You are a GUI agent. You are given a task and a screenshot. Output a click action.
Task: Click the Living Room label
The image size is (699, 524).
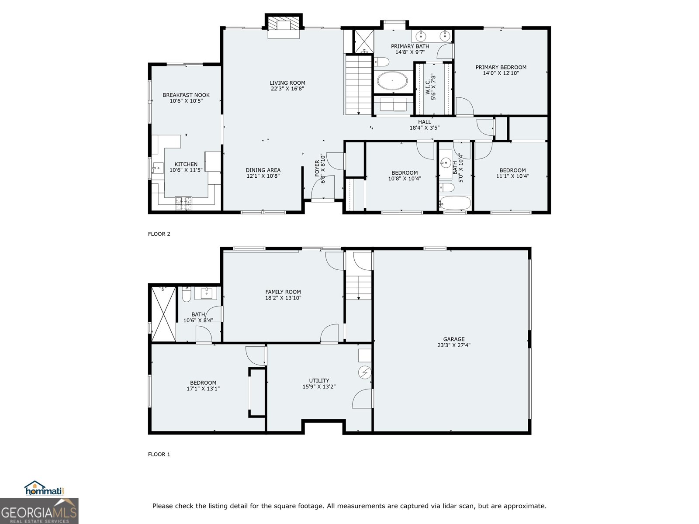point(287,83)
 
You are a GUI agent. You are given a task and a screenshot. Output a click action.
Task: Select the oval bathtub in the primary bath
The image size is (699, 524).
point(392,81)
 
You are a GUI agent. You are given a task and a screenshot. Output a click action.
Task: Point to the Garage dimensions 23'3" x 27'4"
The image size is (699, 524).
point(454,345)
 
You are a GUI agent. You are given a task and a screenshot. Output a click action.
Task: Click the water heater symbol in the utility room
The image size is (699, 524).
point(364,372)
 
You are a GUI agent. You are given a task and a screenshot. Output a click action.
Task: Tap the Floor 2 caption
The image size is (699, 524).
point(159,234)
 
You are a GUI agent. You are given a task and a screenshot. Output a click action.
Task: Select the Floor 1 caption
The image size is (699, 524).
point(159,454)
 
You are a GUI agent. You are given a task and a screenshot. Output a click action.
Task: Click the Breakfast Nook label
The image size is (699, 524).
point(186,95)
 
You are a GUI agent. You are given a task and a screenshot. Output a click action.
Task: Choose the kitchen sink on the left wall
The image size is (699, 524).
point(157,167)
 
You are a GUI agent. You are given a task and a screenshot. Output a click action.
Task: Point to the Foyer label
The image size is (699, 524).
point(318,169)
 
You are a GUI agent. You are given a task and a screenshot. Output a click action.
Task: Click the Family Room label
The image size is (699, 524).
point(283,292)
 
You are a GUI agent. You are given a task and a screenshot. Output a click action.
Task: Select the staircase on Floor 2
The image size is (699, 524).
point(358,85)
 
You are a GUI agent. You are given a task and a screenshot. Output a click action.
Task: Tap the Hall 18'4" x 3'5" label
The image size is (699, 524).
point(424,125)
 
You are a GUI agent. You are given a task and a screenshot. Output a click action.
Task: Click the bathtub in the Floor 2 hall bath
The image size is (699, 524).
point(455,203)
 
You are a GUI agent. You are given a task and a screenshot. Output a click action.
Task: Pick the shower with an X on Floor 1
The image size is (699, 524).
point(163,313)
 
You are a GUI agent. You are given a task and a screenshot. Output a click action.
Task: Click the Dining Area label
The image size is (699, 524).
point(263,170)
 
